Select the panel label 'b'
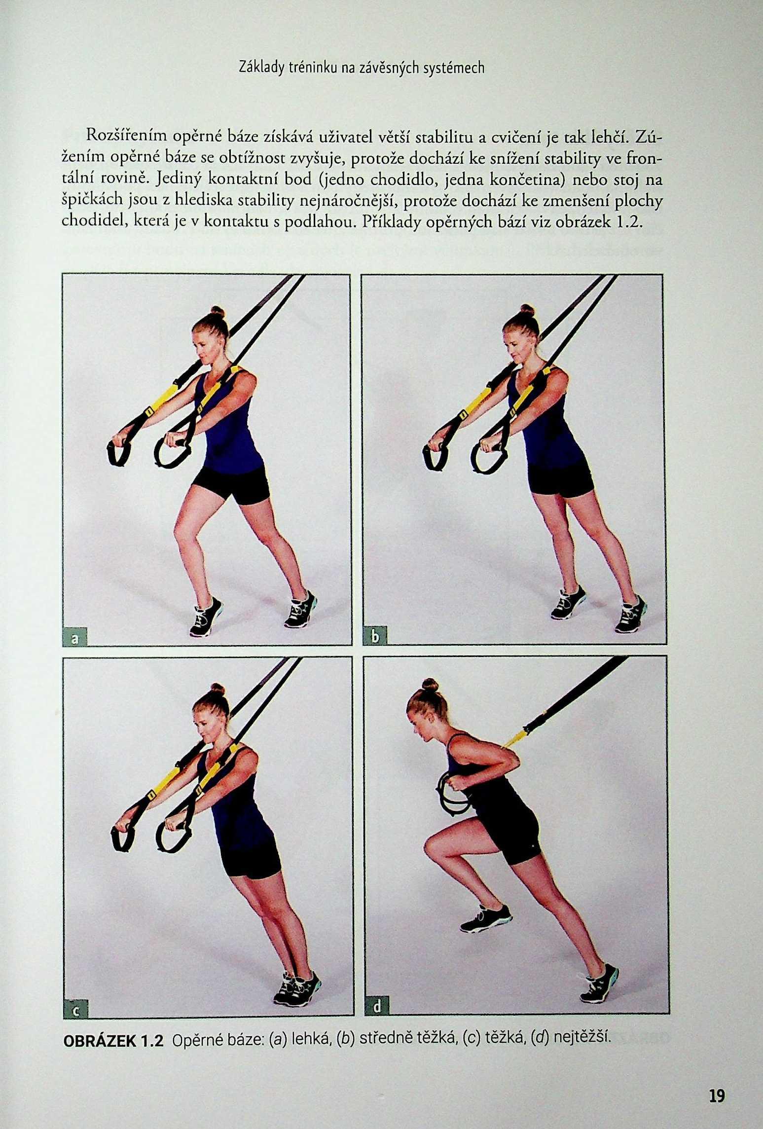[x=375, y=637]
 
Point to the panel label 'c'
[x=75, y=1011]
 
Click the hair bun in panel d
[x=430, y=685]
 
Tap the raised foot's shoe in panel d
[x=486, y=919]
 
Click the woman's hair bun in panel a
[x=218, y=312]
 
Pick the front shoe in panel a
[x=207, y=616]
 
